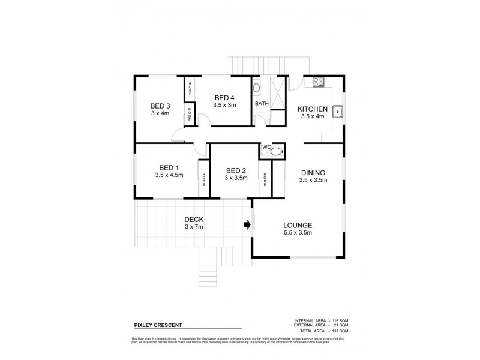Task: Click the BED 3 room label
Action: point(160,106)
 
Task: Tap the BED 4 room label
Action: point(224,98)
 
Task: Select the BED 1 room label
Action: point(169,167)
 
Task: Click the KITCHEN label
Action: point(313,109)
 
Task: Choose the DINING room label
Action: point(313,172)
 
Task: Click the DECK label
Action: point(194,220)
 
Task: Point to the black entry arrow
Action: point(246,226)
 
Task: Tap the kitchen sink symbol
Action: point(338,110)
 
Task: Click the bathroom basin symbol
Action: point(257,88)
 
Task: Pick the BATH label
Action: point(262,103)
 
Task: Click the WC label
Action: point(266,146)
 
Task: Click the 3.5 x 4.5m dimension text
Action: point(169,175)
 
